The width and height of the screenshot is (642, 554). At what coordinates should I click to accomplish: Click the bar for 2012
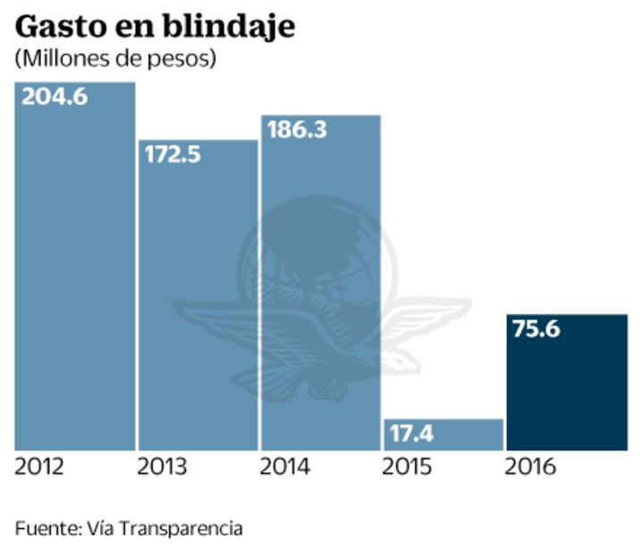point(74,268)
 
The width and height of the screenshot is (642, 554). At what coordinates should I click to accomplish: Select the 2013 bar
point(198,295)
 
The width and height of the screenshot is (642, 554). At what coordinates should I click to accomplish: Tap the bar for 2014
point(320,286)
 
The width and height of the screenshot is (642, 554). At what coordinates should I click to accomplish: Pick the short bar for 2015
point(443,435)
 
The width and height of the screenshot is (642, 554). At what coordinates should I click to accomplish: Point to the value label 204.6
point(55,97)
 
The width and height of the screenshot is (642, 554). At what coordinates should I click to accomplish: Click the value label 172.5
point(173,154)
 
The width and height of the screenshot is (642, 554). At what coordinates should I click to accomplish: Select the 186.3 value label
point(297,130)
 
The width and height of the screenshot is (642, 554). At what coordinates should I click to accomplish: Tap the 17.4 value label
point(412,435)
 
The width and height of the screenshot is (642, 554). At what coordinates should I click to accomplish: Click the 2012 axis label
point(40,467)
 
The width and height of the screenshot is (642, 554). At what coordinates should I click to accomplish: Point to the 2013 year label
point(162,467)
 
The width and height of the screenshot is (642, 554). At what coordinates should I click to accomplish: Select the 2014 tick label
point(285,467)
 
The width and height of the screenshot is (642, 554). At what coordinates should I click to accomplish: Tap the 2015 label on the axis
point(408,467)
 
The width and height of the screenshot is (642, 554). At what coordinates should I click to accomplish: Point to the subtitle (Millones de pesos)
point(115,59)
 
